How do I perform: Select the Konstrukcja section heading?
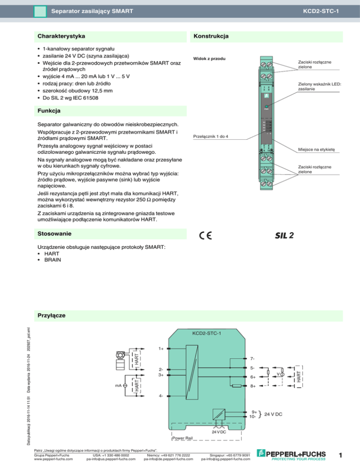210,36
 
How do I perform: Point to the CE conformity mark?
205,236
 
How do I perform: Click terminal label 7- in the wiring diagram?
253,359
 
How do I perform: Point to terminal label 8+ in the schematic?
253,387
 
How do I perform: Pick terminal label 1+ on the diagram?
161,348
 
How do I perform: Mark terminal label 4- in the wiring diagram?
161,396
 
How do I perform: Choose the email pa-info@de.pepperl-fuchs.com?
168,459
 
